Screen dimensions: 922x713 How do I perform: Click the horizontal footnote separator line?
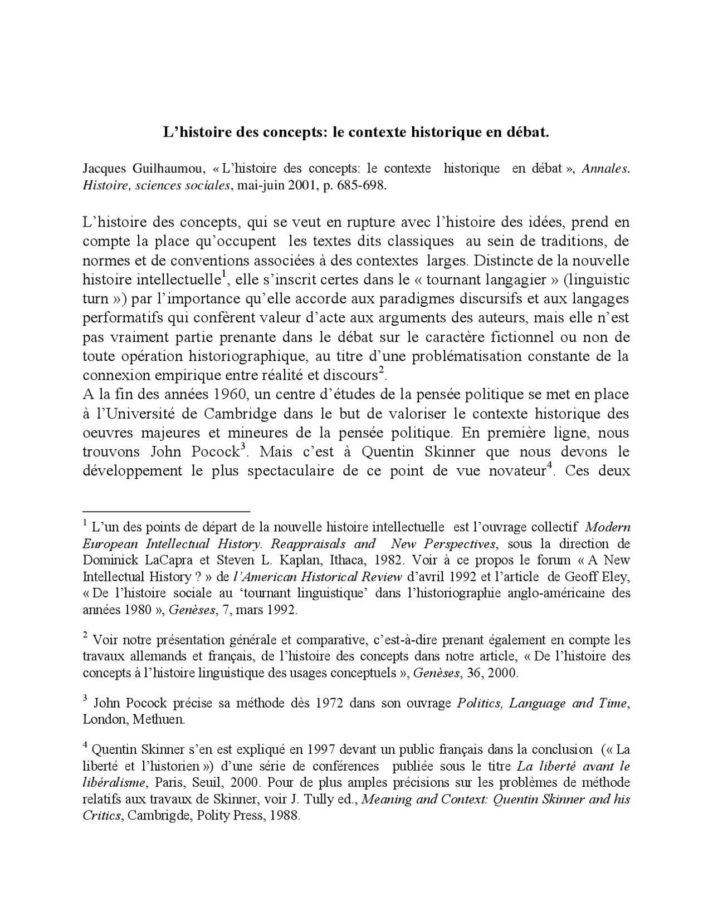[x=166, y=509]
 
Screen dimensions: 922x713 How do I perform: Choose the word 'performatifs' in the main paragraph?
[x=121, y=318]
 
